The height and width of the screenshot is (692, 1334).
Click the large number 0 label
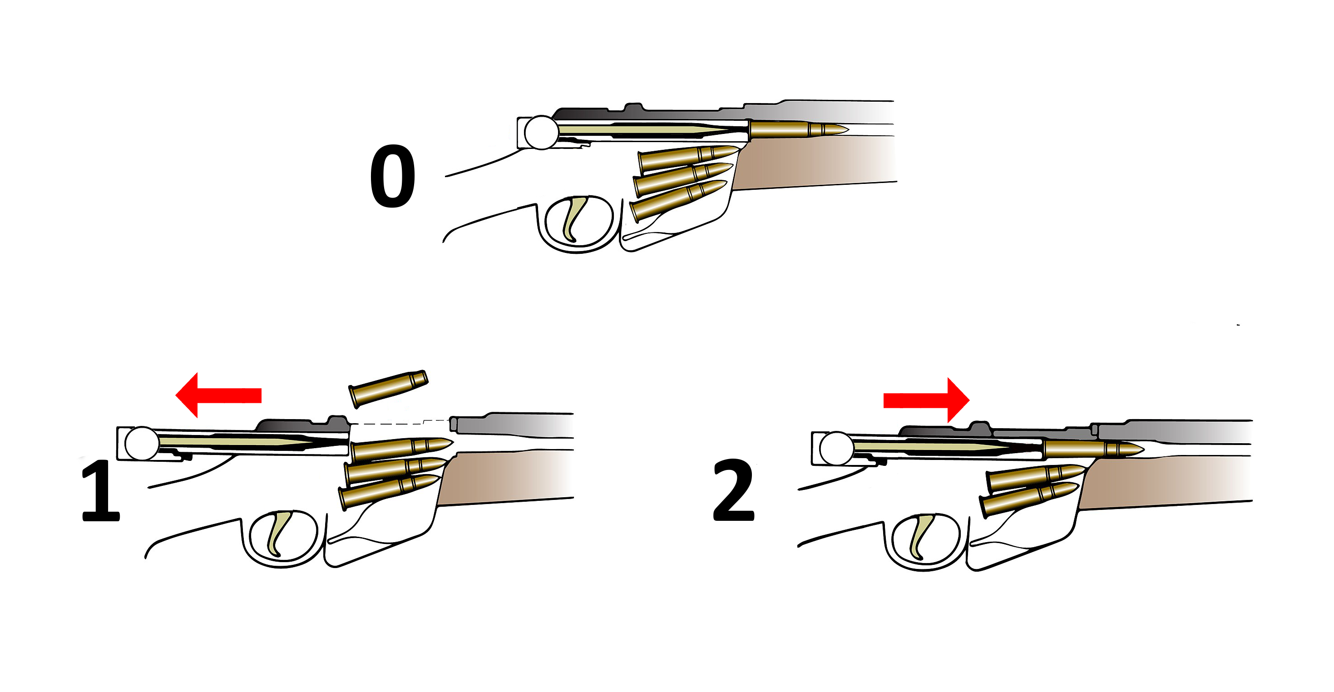pos(393,176)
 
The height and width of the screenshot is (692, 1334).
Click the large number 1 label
pos(102,491)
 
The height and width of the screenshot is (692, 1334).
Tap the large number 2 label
pos(734,490)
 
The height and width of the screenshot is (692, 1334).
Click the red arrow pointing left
pos(218,395)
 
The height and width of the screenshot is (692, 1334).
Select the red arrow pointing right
pos(926,400)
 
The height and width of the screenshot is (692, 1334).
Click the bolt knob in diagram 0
pos(541,133)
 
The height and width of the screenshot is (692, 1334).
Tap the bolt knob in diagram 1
pos(142,443)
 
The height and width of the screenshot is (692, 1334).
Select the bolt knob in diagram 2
pos(836,449)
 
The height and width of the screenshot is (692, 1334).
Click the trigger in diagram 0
pos(573,217)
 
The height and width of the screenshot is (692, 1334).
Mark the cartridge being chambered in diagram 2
pos(1093,449)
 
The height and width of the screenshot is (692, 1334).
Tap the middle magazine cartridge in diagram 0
pos(683,179)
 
